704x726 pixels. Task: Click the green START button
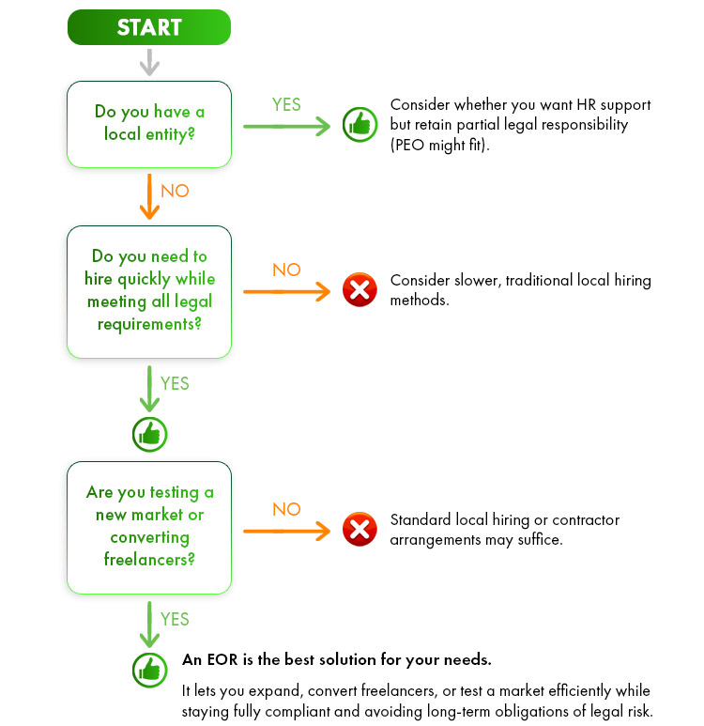(148, 27)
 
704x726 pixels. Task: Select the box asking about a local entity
(148, 123)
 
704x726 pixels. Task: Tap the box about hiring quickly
(148, 290)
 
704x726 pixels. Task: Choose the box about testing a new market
(148, 526)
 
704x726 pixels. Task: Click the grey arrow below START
(148, 62)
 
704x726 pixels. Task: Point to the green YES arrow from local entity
(286, 126)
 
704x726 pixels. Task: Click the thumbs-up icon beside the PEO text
(360, 125)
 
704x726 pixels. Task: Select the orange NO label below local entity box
(175, 191)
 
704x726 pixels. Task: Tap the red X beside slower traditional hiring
(359, 290)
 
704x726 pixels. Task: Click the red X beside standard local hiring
(359, 529)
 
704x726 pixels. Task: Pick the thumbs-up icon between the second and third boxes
(148, 433)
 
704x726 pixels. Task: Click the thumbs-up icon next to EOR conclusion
(148, 669)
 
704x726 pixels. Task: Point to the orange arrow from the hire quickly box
(286, 291)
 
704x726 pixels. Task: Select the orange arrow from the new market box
(286, 531)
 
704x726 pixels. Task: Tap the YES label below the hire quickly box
(175, 383)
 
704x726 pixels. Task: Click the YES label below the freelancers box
(175, 619)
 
